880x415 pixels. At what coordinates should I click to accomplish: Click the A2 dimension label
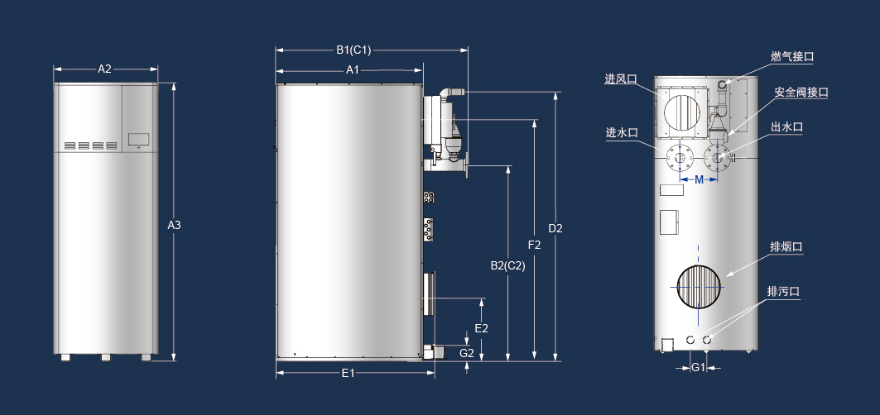104,69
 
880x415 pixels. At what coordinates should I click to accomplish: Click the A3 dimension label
174,225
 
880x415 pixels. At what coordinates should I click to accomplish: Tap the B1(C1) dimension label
353,50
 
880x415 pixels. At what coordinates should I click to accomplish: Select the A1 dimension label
352,69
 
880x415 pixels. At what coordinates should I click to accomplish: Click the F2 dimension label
534,245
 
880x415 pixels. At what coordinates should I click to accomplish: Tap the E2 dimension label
481,328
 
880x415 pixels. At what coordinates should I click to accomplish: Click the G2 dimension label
467,353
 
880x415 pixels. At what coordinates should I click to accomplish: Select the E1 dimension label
348,373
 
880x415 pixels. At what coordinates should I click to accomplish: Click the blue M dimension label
699,179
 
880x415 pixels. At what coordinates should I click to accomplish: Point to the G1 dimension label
698,367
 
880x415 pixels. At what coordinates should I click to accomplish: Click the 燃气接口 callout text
792,56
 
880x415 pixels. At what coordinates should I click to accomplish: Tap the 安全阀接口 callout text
801,93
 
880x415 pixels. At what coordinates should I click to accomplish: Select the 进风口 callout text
620,79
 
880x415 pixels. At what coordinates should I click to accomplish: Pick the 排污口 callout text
782,291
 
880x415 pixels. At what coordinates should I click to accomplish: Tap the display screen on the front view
137,139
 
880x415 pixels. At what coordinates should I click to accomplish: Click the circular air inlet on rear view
683,111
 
